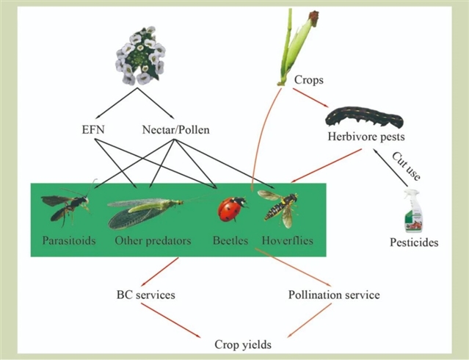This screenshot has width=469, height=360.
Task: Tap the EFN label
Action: coord(94,130)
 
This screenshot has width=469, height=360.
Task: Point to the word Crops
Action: coord(309,79)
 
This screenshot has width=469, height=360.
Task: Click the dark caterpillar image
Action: coord(364,117)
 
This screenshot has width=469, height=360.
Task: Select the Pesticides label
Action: coord(414,241)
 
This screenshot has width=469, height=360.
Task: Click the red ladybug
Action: coord(229,210)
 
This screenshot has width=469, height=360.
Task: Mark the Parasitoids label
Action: coord(68,241)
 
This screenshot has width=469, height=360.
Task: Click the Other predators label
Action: coord(153,241)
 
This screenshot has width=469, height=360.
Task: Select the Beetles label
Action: coord(230,241)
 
